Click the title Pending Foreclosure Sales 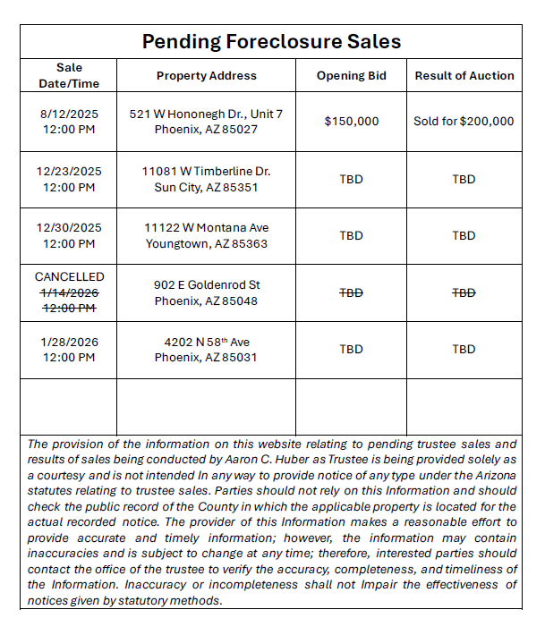tap(271, 42)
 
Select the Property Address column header tap(206, 76)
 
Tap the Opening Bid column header tap(351, 76)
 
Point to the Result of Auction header tap(464, 76)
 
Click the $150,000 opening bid tap(351, 122)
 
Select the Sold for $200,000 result tap(464, 122)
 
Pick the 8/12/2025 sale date tap(69, 114)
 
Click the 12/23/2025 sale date tap(69, 171)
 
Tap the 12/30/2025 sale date tap(69, 227)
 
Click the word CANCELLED tap(69, 277)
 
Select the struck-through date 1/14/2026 tap(69, 292)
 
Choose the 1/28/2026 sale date tap(69, 341)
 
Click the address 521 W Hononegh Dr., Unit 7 tap(206, 114)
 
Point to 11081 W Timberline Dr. tap(206, 171)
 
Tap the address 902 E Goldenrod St tap(207, 284)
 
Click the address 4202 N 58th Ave tap(207, 342)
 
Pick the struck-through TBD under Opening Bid tap(351, 292)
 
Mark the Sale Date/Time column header tap(69, 76)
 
